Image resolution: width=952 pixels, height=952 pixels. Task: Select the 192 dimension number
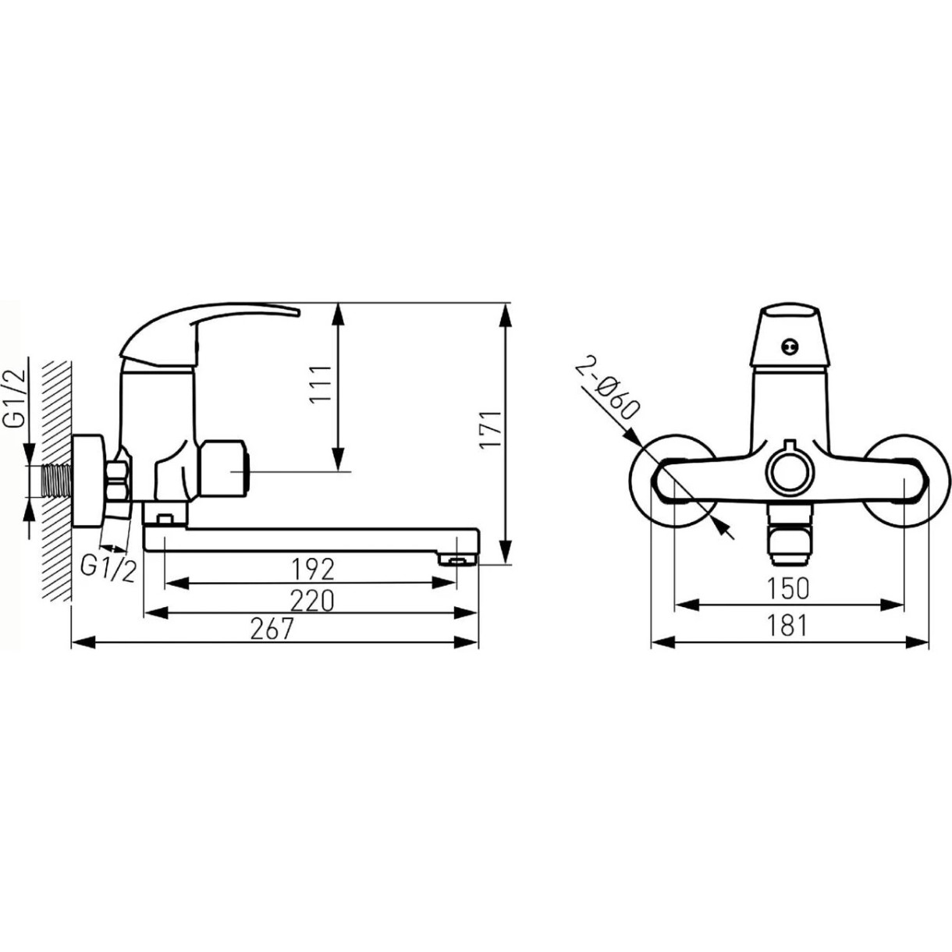pos(313,570)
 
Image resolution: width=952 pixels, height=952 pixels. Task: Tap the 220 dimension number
pos(312,600)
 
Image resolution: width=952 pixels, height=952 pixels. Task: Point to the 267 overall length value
pos(272,630)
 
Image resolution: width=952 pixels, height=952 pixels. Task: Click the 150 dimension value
pos(788,588)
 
